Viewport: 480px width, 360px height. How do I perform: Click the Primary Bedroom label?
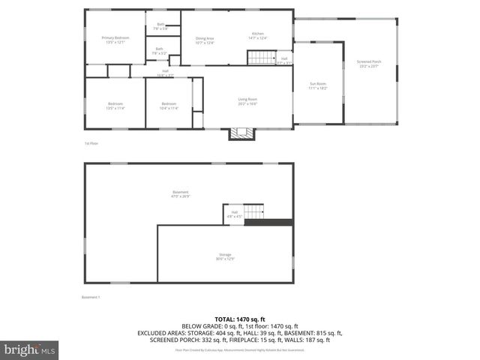(115, 40)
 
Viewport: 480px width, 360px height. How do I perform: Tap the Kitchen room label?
(257, 37)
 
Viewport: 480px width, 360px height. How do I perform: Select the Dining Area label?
(205, 40)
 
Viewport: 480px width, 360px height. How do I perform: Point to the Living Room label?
(247, 101)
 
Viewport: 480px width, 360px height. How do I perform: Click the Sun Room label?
(318, 86)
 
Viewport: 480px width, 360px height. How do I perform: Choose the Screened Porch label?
(370, 64)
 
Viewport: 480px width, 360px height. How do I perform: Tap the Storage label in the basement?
(226, 256)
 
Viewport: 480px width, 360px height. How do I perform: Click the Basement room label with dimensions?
(180, 193)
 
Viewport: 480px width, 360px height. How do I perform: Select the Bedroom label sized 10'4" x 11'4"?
(168, 106)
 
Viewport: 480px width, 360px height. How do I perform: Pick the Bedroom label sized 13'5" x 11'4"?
(115, 106)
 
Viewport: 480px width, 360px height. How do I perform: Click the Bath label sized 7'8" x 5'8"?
(160, 26)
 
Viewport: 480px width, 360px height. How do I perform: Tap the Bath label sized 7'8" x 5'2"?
(160, 52)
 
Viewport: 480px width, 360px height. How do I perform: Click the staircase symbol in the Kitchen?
(262, 58)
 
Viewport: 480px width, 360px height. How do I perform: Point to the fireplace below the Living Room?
(241, 133)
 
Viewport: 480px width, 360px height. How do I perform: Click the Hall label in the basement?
(234, 214)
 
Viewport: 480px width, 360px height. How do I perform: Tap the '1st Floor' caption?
(91, 142)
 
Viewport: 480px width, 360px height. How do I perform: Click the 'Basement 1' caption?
(91, 298)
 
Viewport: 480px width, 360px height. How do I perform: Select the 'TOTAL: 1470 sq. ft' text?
(240, 319)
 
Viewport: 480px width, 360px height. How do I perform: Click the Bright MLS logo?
(30, 349)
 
